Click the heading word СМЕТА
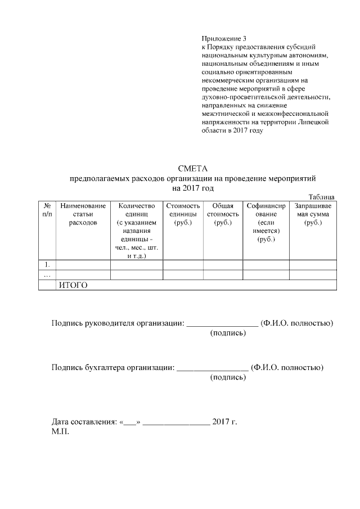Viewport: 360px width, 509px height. pyautogui.click(x=193, y=168)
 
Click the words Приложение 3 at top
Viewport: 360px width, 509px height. pyautogui.click(x=224, y=38)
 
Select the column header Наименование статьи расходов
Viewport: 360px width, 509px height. pyautogui.click(x=83, y=214)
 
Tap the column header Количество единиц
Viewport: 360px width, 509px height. pyautogui.click(x=136, y=231)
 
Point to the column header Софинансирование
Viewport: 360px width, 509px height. pyautogui.click(x=265, y=223)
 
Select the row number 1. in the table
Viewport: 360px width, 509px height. pyautogui.click(x=47, y=264)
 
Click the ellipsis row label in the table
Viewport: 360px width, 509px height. pyautogui.click(x=47, y=274)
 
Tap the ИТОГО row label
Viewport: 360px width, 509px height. pyautogui.click(x=74, y=285)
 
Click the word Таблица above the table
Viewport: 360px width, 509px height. pyautogui.click(x=322, y=197)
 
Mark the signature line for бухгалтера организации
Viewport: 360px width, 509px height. pyautogui.click(x=212, y=369)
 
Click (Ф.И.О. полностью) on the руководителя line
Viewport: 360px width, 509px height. pyautogui.click(x=298, y=323)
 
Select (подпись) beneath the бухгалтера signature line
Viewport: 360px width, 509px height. pyautogui.click(x=228, y=377)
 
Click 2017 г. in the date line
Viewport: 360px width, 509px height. pyautogui.click(x=224, y=421)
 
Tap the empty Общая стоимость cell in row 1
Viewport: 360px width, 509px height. pyautogui.click(x=223, y=264)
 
